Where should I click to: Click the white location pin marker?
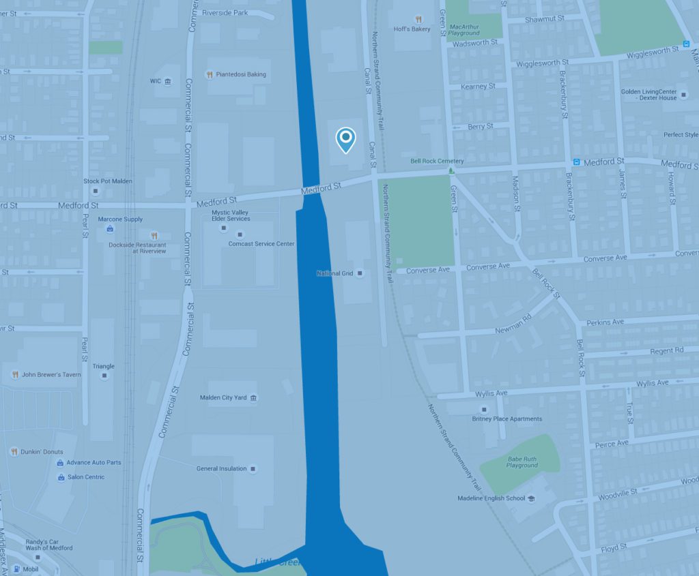(x=346, y=140)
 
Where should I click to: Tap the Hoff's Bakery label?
(x=412, y=29)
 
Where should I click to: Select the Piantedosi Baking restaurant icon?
(x=210, y=74)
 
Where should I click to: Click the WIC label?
(x=155, y=81)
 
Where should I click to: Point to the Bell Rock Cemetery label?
(x=437, y=161)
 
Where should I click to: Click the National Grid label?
(x=333, y=273)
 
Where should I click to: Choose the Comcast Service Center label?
(x=261, y=243)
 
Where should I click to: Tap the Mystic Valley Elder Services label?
(x=231, y=215)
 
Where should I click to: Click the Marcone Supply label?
(x=120, y=219)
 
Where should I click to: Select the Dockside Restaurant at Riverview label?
(x=137, y=247)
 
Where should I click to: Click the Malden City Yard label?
(x=223, y=397)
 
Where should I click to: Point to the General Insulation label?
(x=222, y=468)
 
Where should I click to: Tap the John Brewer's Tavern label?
(x=51, y=374)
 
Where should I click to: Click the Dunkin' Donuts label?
(x=42, y=451)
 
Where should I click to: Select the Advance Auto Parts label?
(x=94, y=462)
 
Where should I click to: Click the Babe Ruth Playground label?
(x=522, y=462)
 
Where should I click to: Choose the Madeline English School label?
(x=491, y=498)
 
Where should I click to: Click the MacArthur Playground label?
(x=463, y=29)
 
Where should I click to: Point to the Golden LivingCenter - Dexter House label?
(x=648, y=94)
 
